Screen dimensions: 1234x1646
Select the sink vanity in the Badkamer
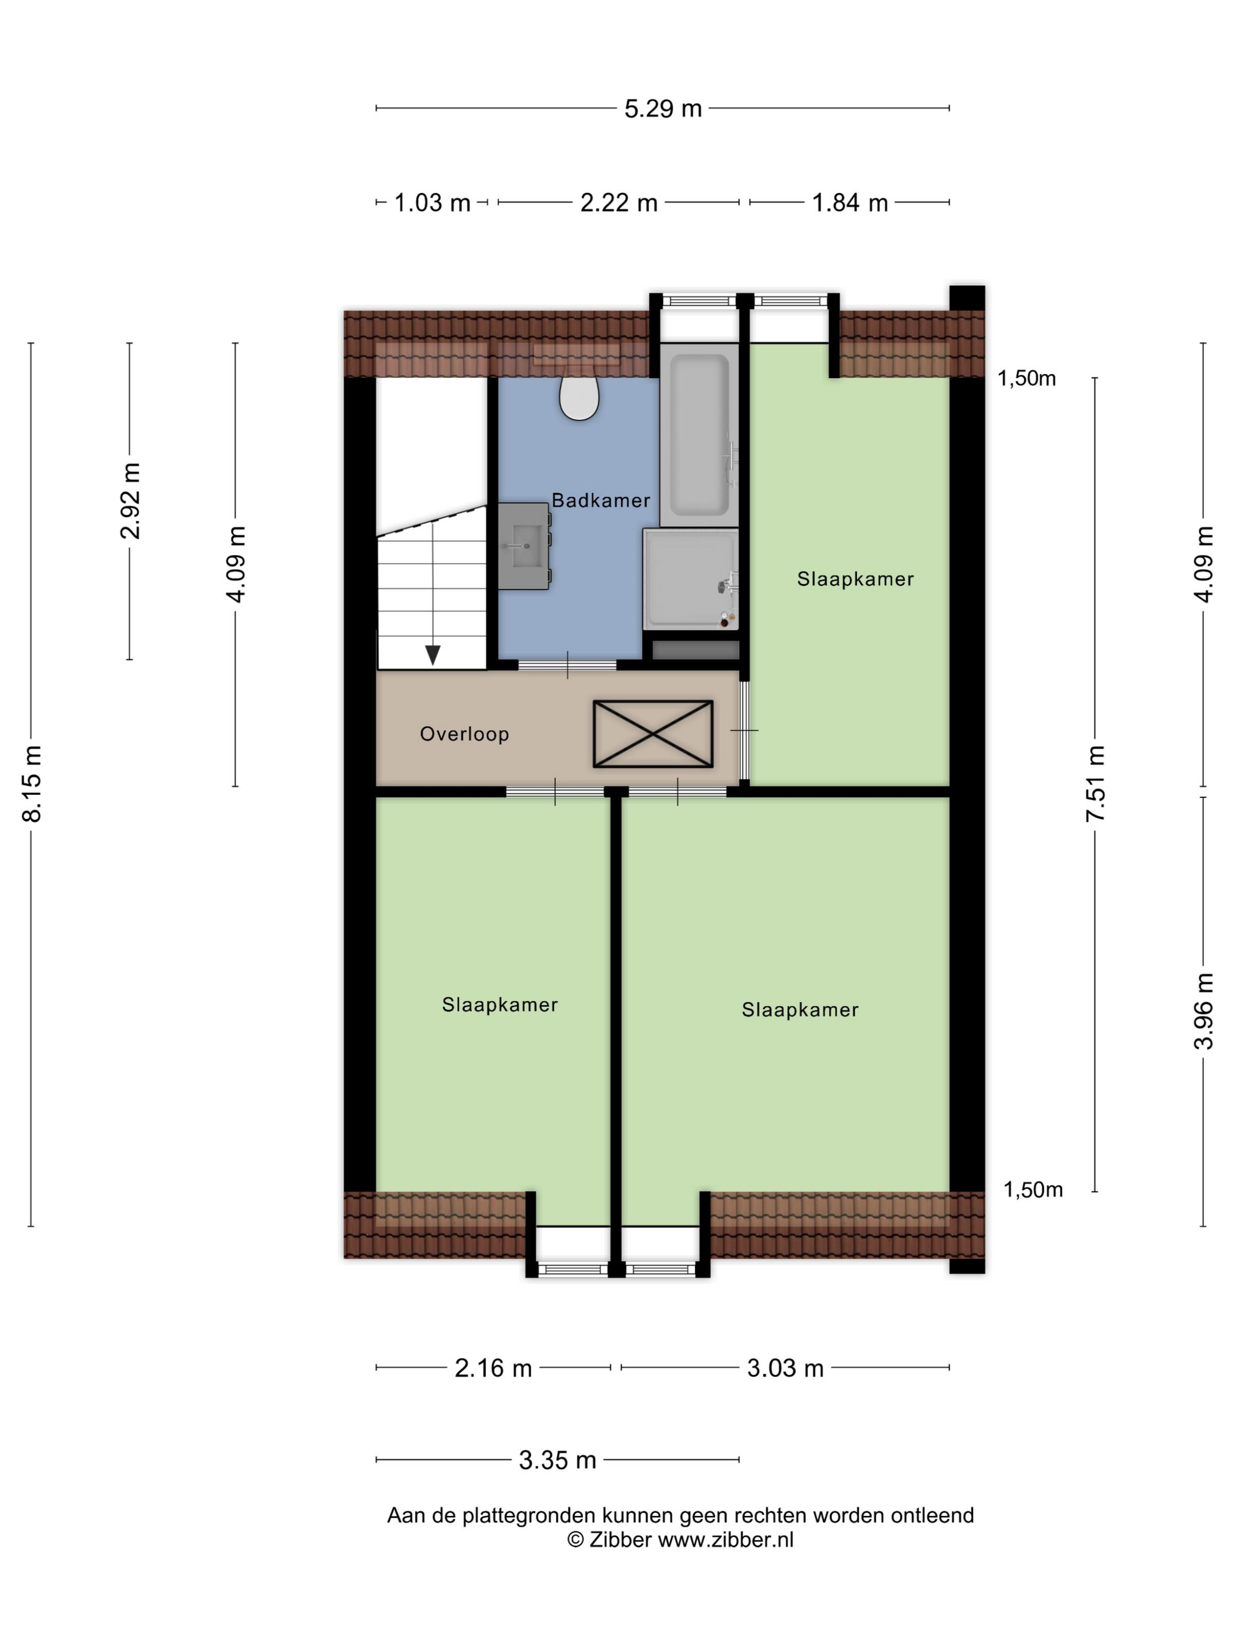[524, 546]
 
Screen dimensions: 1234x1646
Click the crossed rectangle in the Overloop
[652, 734]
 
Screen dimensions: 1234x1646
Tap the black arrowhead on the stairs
[432, 655]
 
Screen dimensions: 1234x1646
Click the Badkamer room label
[601, 500]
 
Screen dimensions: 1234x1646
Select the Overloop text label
[464, 734]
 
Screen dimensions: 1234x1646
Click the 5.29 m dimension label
[663, 109]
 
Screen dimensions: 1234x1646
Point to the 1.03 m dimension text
[432, 202]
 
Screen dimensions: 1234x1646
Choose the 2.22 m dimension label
[619, 202]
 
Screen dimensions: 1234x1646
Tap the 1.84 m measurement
[850, 202]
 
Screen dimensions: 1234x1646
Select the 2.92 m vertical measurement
[131, 500]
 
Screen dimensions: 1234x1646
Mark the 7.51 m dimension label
[1096, 784]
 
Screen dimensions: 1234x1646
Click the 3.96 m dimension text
[1203, 1011]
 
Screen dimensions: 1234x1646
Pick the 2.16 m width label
[493, 1368]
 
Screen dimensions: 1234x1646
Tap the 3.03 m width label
[786, 1368]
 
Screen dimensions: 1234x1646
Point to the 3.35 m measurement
[558, 1460]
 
